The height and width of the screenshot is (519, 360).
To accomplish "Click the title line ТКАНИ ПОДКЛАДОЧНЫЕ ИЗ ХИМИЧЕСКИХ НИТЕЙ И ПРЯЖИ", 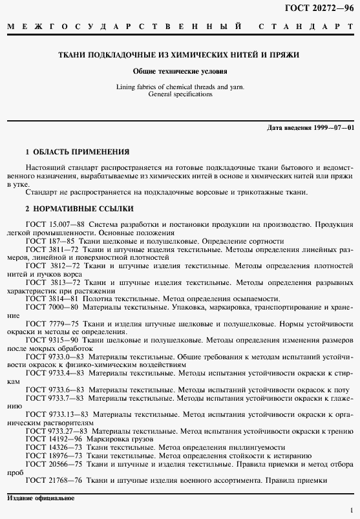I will pos(180,55).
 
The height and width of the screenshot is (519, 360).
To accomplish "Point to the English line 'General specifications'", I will pos(180,94).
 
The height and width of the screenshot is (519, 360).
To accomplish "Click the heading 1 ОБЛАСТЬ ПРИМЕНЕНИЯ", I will pos(77,152).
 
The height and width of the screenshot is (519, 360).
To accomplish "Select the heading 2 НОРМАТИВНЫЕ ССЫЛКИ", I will pos(79,209).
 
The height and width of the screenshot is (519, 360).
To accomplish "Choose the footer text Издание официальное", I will pos(41,498).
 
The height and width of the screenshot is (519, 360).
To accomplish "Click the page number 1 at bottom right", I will pos(350,510).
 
